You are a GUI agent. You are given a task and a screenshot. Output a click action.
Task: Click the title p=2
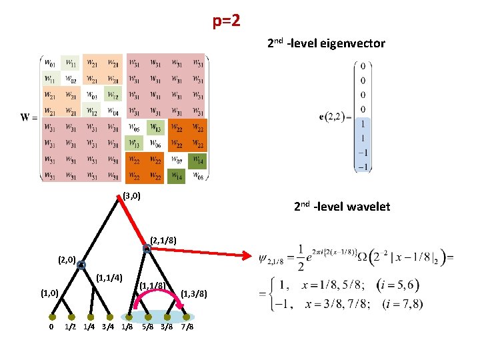[227, 21]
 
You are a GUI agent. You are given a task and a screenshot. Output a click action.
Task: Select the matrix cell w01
[49, 63]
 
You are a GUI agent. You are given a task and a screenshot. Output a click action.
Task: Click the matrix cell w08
[198, 176]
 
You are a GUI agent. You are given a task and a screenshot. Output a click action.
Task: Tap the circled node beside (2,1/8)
[147, 249]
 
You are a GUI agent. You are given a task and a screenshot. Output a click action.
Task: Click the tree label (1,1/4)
[109, 277]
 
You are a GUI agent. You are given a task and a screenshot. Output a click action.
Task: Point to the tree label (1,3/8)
[194, 293]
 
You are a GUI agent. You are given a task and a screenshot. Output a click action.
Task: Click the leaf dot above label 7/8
[187, 317]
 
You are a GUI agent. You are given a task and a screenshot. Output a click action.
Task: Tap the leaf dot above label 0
[51, 317]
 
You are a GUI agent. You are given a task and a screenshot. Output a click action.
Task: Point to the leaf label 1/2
[69, 327]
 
